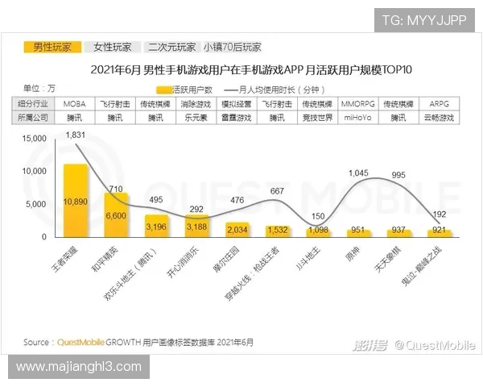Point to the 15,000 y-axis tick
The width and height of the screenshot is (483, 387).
pyautogui.click(x=36, y=138)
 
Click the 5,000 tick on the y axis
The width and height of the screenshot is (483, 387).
pyautogui.click(x=39, y=204)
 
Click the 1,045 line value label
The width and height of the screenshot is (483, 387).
pyautogui.click(x=358, y=173)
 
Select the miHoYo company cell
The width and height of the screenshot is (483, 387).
pyautogui.click(x=357, y=117)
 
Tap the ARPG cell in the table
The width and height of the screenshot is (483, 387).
pyautogui.click(x=440, y=104)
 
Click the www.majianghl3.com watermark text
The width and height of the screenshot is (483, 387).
pyautogui.click(x=78, y=367)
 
